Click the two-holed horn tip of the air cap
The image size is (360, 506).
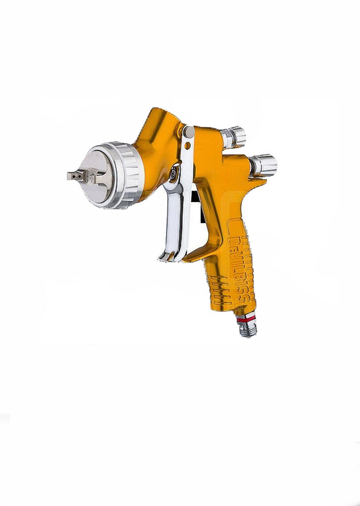click(73, 176)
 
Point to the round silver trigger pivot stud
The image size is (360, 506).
click(188, 132)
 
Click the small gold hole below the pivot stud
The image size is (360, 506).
click(187, 146)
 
